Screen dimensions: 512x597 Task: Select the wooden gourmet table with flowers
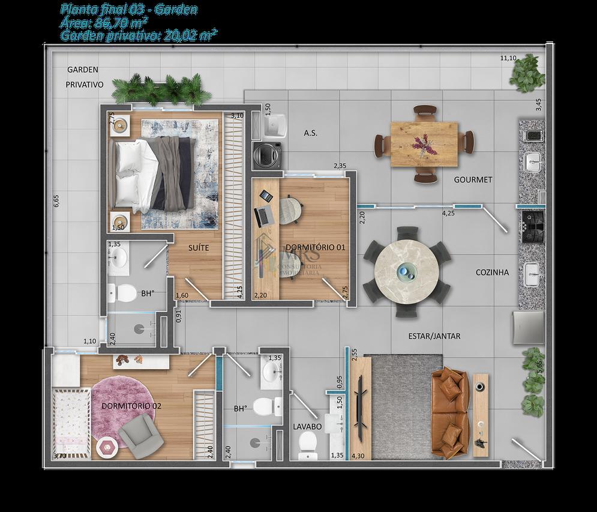point(424,143)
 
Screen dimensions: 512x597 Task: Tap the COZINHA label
point(492,272)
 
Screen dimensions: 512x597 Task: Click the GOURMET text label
point(473,179)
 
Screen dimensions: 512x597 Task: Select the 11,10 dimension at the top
point(509,58)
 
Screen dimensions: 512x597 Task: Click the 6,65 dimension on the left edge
point(56,201)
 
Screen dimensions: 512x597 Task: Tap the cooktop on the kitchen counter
point(532,226)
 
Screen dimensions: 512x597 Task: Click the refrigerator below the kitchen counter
point(528,328)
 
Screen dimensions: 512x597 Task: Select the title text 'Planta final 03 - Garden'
point(129,10)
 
